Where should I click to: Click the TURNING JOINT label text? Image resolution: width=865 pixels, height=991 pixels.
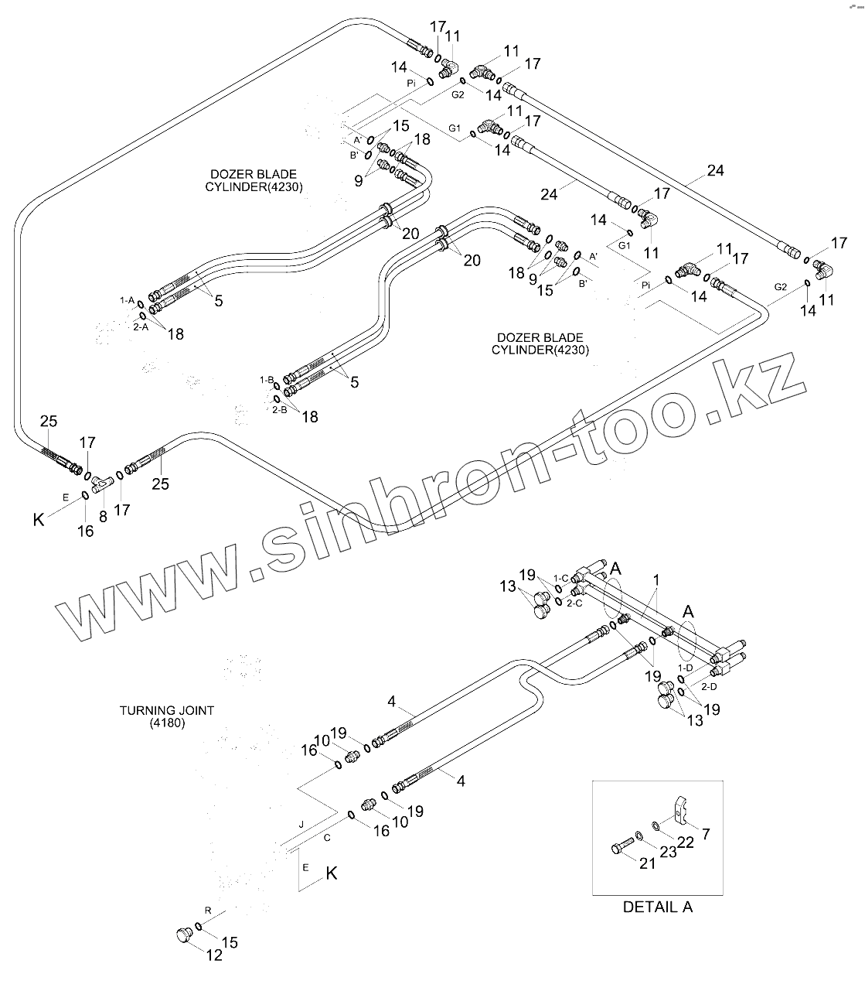(x=166, y=709)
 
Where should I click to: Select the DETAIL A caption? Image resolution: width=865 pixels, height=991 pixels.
(x=658, y=907)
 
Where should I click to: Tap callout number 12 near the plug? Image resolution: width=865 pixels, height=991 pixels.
(x=214, y=955)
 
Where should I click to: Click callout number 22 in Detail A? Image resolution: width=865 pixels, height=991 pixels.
(x=686, y=841)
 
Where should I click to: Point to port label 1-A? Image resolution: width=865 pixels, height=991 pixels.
(x=128, y=299)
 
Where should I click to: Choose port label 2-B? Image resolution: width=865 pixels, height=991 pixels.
(x=280, y=409)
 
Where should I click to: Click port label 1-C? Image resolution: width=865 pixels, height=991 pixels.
(x=560, y=578)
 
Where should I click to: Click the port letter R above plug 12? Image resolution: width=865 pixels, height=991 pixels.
(x=207, y=909)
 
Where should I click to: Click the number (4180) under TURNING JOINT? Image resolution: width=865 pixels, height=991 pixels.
(x=167, y=723)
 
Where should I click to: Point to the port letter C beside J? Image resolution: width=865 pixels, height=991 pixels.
(x=326, y=837)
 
